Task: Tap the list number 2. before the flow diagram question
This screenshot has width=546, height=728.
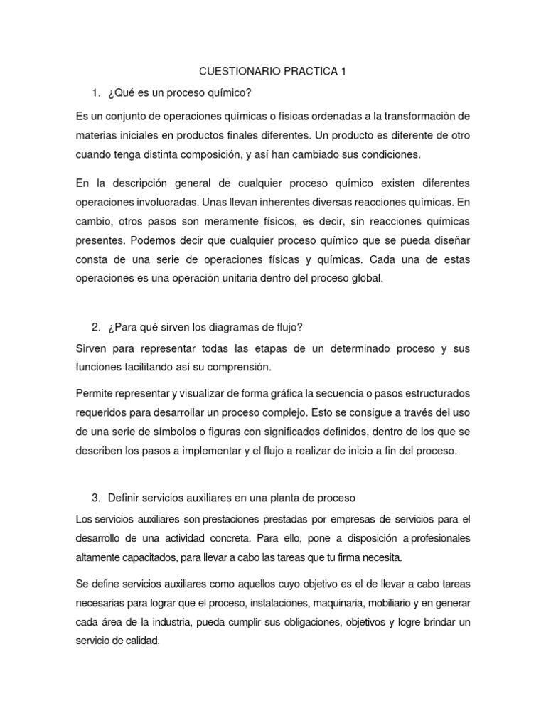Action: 95,327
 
